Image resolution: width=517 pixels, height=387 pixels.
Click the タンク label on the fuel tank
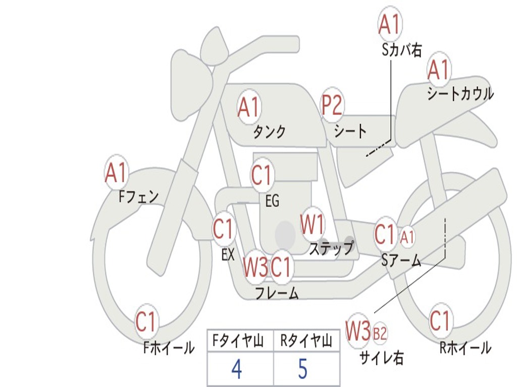(269, 132)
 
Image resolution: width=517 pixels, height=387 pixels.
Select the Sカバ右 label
(402, 50)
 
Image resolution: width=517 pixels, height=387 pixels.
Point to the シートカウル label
(460, 94)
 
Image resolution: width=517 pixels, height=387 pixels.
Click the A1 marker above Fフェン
(117, 173)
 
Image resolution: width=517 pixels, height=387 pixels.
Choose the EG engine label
(272, 201)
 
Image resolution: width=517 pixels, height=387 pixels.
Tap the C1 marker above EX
(224, 230)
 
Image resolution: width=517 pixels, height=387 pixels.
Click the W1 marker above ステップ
(313, 224)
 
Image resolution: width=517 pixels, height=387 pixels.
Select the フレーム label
(277, 293)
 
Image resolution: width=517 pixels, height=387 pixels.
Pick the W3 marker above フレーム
(255, 267)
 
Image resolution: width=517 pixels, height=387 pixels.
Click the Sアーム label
(401, 261)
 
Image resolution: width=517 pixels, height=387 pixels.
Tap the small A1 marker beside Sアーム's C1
(408, 236)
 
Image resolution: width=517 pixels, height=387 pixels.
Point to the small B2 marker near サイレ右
(380, 333)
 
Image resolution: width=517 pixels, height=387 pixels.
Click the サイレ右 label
(381, 357)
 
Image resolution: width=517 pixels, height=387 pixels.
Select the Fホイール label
(169, 347)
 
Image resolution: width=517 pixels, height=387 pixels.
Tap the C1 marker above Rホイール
(439, 320)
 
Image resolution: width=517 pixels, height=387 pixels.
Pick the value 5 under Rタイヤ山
(302, 370)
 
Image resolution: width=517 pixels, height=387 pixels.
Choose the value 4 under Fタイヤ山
(237, 370)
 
